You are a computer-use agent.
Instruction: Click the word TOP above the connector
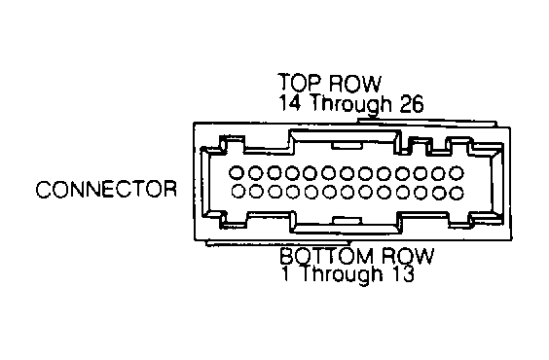coord(299,83)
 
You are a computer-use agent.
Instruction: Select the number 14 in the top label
coord(289,102)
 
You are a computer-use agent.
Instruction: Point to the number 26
coord(411,103)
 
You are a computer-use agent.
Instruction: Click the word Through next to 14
coord(349,104)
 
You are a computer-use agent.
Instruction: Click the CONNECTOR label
coord(106,190)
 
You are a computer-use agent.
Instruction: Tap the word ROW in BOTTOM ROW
coord(407,257)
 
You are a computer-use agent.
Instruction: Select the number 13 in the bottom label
coord(403,273)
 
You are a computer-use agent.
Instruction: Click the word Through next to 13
coord(342,274)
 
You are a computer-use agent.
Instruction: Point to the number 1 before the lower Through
coord(286,273)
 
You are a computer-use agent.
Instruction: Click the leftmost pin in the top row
coord(237,172)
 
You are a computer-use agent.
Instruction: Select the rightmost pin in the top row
coord(457,173)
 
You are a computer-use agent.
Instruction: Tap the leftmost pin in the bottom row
coord(238,191)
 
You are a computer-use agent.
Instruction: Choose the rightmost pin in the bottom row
coord(457,193)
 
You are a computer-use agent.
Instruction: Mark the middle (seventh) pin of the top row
coord(348,173)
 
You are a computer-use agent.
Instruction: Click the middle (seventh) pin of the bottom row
coord(348,193)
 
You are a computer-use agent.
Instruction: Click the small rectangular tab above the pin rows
coord(347,145)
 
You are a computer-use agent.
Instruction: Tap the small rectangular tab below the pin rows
coord(347,221)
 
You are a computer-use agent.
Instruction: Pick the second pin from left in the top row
coord(256,172)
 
